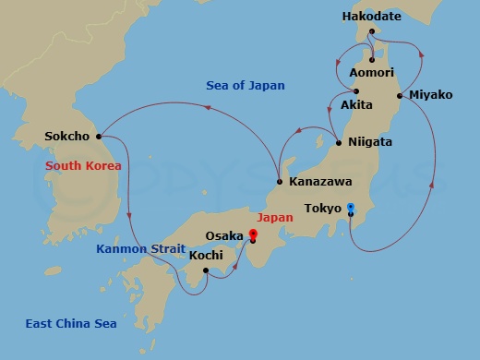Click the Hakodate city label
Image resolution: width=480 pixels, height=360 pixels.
point(371,17)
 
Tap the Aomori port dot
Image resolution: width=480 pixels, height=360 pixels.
point(371,59)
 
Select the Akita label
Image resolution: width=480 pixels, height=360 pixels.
point(356,105)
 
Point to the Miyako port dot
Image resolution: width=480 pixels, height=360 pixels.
point(399,95)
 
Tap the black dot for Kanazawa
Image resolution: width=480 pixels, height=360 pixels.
point(279,181)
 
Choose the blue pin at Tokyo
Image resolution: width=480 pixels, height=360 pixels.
point(352,209)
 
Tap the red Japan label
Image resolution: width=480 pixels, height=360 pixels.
point(276,218)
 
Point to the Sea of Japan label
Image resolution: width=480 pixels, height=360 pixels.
point(242,86)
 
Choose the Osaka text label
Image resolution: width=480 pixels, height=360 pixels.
point(225,236)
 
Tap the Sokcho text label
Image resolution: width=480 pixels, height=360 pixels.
point(66,137)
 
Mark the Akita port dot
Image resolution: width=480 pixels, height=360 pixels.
point(356,90)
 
